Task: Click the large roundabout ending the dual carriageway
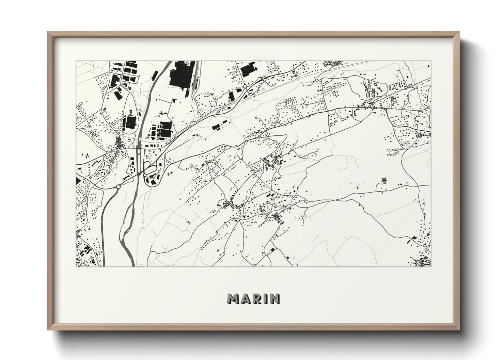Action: [118, 186]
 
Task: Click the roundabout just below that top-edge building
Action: [245, 87]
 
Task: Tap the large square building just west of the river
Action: [129, 121]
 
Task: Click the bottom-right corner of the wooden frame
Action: [459, 330]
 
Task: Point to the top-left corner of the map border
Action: [76, 61]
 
